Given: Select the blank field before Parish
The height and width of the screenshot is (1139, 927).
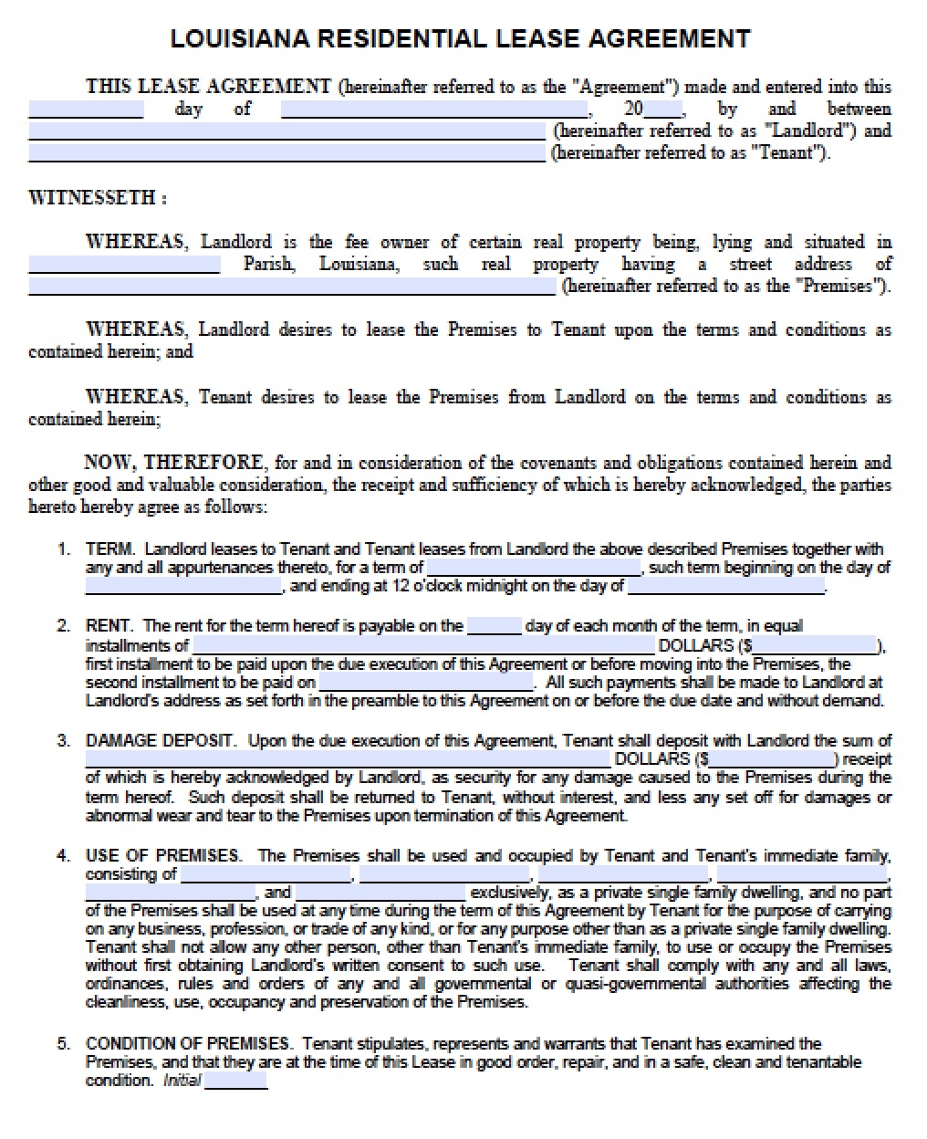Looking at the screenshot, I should point(124,265).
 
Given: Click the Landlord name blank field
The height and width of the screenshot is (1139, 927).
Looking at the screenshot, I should point(286,131).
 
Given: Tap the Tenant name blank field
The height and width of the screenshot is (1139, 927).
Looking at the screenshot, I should point(286,153).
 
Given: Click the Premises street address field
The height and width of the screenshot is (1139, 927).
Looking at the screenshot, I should point(291,287).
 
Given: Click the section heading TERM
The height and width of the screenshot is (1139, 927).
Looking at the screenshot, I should point(110,549).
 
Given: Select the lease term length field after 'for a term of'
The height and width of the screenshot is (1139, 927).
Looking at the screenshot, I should point(536,568).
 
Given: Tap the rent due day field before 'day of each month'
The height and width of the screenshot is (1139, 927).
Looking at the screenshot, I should point(494,626).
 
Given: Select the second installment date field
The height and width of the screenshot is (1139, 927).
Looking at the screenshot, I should point(426,683).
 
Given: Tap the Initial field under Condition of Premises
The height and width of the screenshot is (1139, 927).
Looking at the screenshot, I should point(236,1082).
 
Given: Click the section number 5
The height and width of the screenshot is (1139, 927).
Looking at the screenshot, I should point(63,1043).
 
